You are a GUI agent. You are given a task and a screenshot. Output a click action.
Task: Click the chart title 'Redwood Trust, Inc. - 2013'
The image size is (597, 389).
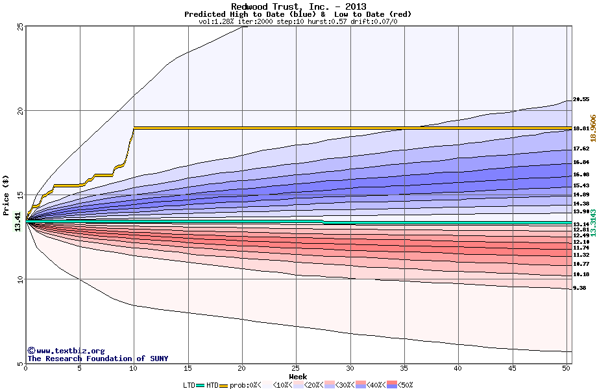pyautogui.click(x=298, y=7)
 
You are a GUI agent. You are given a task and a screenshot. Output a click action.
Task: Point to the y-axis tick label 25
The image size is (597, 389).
pyautogui.click(x=20, y=27)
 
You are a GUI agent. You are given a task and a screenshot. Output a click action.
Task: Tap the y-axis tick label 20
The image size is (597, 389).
pyautogui.click(x=20, y=111)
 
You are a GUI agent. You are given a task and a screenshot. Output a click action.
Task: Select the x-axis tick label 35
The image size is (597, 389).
pyautogui.click(x=404, y=368)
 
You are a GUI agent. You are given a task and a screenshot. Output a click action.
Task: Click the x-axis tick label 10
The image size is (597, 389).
pyautogui.click(x=134, y=368)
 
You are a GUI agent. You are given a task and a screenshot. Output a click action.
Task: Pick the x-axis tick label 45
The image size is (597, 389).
pyautogui.click(x=513, y=368)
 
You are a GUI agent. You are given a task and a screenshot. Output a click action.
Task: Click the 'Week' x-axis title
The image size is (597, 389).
pyautogui.click(x=298, y=376)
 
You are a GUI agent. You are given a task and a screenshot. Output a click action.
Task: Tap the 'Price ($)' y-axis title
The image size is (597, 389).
pyautogui.click(x=6, y=194)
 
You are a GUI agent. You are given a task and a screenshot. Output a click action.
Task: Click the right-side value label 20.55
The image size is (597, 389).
pyautogui.click(x=581, y=100)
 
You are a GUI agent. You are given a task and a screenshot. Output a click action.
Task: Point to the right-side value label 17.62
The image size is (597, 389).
pyautogui.click(x=581, y=149)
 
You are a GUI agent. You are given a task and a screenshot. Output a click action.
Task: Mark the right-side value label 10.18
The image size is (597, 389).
pyautogui.click(x=581, y=274)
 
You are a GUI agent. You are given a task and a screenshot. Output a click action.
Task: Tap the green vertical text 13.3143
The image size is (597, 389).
pyautogui.click(x=592, y=222)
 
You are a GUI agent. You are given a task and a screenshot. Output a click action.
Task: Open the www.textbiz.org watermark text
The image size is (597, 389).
pyautogui.click(x=66, y=351)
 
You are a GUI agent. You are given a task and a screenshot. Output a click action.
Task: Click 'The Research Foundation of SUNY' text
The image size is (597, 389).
pyautogui.click(x=97, y=359)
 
